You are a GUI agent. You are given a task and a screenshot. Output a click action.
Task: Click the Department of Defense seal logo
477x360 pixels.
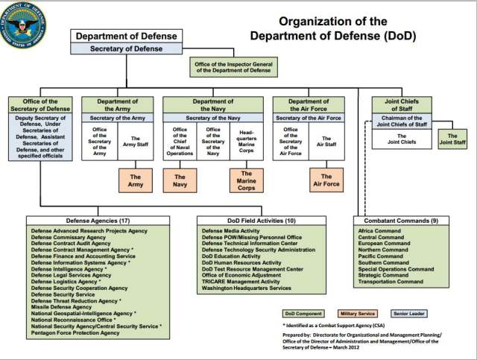[x=23, y=24]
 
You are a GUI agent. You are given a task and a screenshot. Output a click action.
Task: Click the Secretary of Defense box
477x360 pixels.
[x=127, y=49]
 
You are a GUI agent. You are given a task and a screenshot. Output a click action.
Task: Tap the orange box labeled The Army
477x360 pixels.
[x=136, y=179]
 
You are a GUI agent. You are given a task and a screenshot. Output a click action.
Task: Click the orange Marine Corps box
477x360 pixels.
[x=246, y=180]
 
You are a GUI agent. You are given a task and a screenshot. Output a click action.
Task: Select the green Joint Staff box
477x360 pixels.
[x=452, y=137]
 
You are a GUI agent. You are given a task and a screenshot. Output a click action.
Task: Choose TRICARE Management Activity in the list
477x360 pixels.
[x=241, y=282]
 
